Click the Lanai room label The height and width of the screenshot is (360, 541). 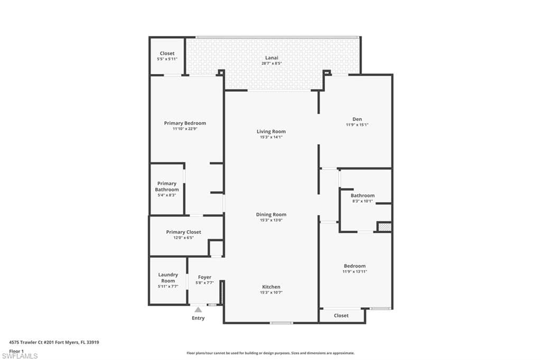(272, 58)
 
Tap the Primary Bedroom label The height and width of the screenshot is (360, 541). (185, 123)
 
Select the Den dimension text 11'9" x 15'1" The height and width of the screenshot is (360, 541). (357, 125)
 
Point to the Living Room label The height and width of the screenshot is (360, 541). (271, 131)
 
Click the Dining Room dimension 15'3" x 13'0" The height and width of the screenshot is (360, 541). (271, 220)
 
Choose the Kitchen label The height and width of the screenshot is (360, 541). (271, 287)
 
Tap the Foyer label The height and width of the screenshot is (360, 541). (204, 277)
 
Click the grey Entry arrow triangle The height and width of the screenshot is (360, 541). (198, 310)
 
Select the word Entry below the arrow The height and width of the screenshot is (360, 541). (198, 318)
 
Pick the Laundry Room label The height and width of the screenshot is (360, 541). (168, 278)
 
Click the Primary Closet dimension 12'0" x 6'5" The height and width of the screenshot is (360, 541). (183, 238)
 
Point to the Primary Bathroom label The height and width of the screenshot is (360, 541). (167, 186)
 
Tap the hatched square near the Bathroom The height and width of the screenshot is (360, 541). (385, 227)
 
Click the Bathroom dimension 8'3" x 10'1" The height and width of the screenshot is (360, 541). (362, 201)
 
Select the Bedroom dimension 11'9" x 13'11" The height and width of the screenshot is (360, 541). (355, 272)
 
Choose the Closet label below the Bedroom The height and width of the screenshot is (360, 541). (341, 316)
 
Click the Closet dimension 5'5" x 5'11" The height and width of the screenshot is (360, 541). (167, 59)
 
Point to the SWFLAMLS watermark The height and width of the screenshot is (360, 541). (20, 356)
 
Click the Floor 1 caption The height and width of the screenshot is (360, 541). (16, 352)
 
